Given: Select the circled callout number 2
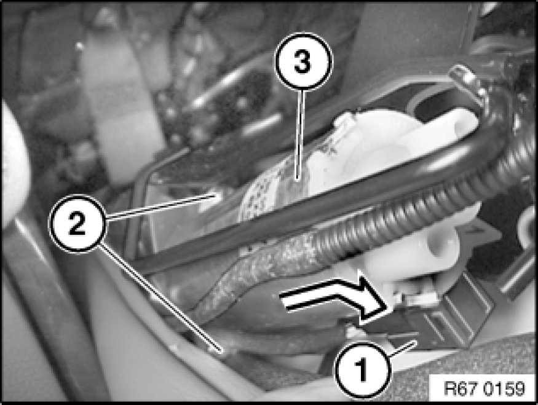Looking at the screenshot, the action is pyautogui.click(x=77, y=224).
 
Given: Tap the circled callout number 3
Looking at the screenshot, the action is pyautogui.click(x=303, y=61).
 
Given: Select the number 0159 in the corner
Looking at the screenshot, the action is pyautogui.click(x=504, y=388).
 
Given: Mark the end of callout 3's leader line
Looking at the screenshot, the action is pyautogui.click(x=298, y=178).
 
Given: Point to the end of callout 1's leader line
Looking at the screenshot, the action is pyautogui.click(x=416, y=342).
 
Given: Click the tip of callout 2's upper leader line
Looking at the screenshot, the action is pyautogui.click(x=215, y=195).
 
